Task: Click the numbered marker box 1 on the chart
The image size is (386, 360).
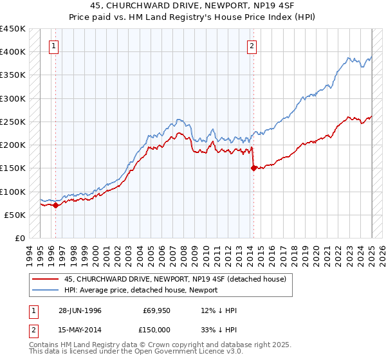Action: (x=53, y=46)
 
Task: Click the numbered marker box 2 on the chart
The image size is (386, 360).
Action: (x=252, y=46)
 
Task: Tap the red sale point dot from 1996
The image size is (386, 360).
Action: (x=56, y=206)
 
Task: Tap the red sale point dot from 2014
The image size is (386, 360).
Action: (x=253, y=168)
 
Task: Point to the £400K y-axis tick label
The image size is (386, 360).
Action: (x=13, y=52)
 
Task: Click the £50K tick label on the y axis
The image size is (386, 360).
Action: (x=15, y=215)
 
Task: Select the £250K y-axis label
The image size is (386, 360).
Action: (x=13, y=122)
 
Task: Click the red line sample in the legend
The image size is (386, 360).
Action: (x=45, y=278)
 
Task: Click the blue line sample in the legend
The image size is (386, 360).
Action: (x=45, y=289)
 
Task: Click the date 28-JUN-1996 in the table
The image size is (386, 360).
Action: (x=80, y=310)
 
